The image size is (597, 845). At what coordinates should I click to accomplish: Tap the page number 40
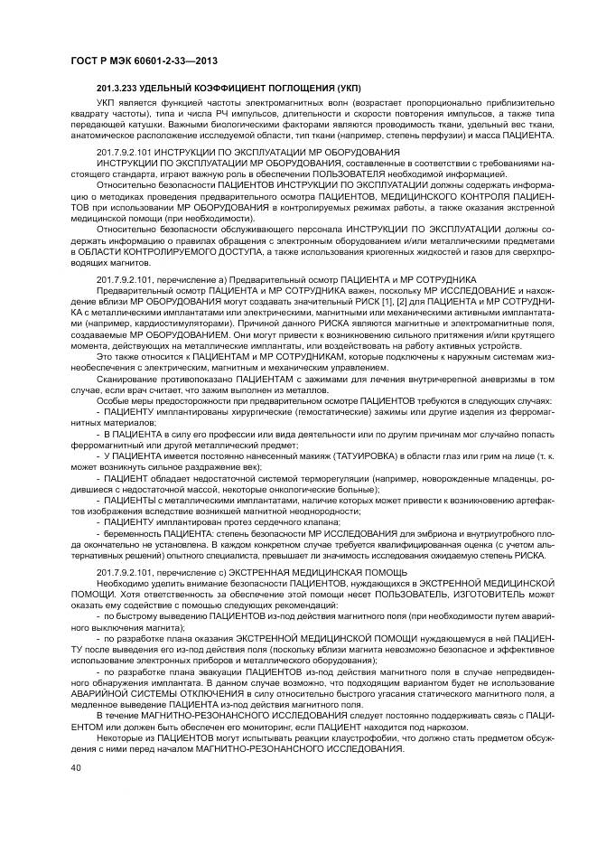pos(75,766)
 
